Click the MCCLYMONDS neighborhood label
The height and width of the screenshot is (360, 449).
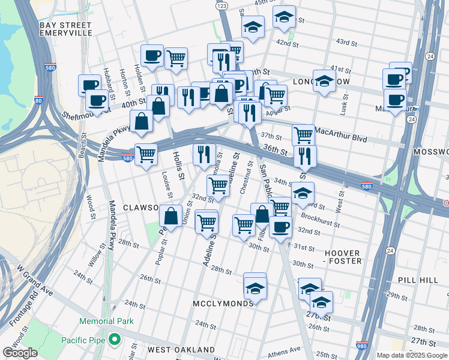pyautogui.click(x=223, y=304)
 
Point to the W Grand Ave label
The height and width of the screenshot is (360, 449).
pyautogui.click(x=34, y=283)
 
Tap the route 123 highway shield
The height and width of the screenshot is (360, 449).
pyautogui.click(x=221, y=5)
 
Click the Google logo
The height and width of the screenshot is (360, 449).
pyautogui.click(x=20, y=353)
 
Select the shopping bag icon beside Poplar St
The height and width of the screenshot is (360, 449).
pyautogui.click(x=171, y=215)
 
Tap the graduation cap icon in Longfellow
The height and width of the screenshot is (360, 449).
pyautogui.click(x=324, y=80)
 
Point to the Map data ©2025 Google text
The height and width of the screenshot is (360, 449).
pyautogui.click(x=411, y=355)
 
